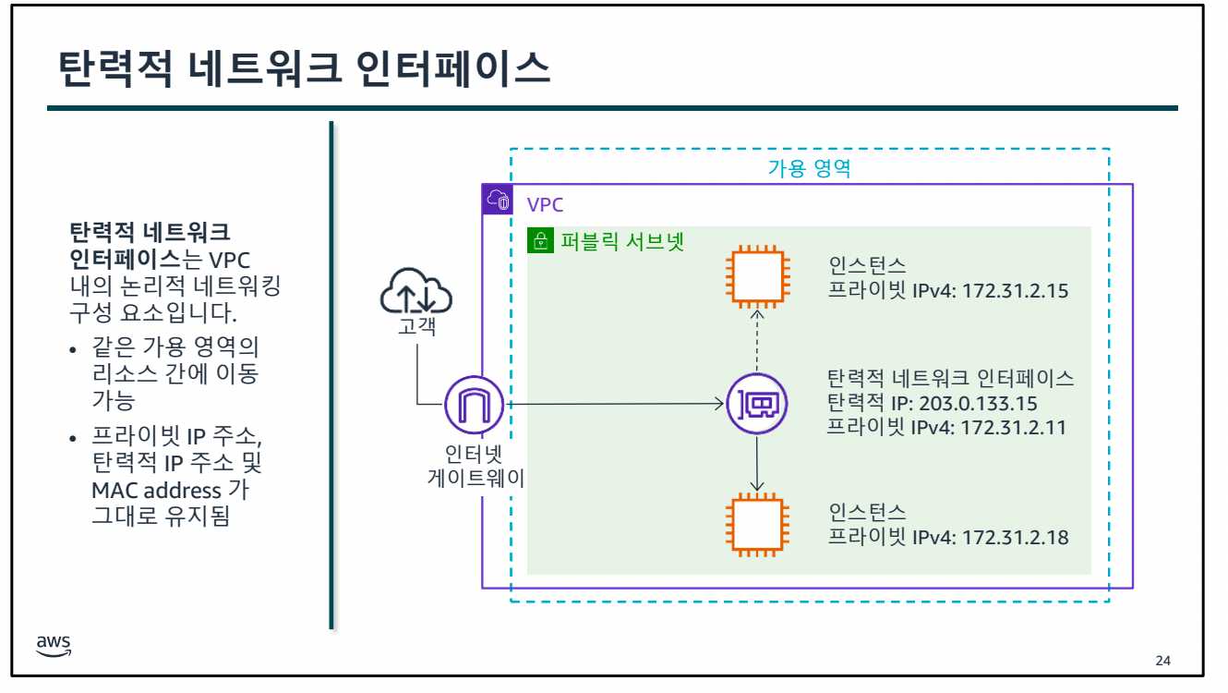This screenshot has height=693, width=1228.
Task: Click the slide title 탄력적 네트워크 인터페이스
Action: pyautogui.click(x=304, y=69)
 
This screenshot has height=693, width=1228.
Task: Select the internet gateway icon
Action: pyautogui.click(x=474, y=404)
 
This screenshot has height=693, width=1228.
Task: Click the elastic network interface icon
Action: pyautogui.click(x=757, y=404)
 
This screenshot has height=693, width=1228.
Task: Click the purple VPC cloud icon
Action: pyautogui.click(x=498, y=200)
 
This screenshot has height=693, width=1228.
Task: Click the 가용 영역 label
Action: pyautogui.click(x=809, y=169)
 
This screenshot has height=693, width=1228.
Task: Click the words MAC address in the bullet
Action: pyautogui.click(x=155, y=490)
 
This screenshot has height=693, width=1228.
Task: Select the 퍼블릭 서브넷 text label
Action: pyautogui.click(x=622, y=242)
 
